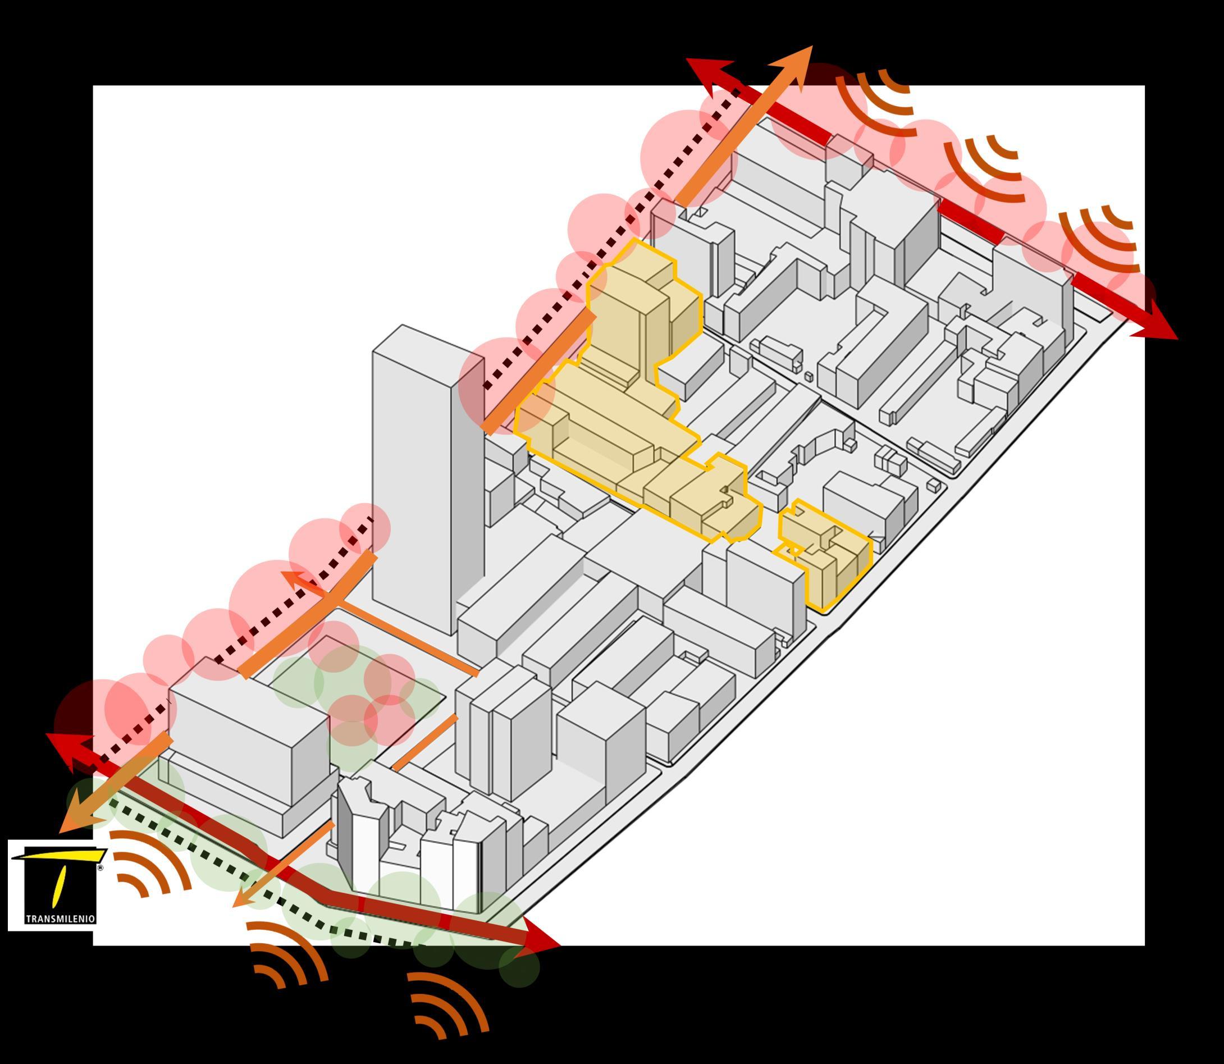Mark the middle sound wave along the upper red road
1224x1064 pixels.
pos(985,169)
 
